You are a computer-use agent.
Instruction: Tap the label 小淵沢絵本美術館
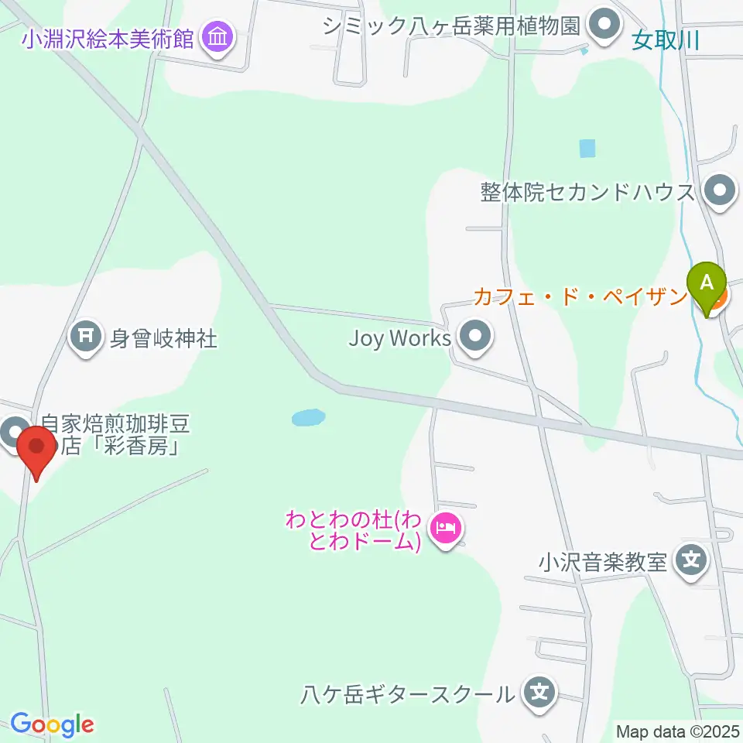pos(108,38)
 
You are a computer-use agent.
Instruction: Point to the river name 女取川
pos(665,40)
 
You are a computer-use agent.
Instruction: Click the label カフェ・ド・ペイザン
pos(580,296)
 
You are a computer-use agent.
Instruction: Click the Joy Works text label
pos(399,339)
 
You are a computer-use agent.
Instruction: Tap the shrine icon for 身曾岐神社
pos(86,337)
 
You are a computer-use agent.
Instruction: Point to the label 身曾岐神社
pos(163,338)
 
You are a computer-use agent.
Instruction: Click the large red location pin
pos(36,451)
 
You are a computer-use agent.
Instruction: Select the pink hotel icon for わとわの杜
pos(446,530)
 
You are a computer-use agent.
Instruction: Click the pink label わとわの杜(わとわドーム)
pos(353,530)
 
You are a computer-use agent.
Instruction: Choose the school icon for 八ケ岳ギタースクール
pos(539,692)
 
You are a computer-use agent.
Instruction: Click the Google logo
pos(52,724)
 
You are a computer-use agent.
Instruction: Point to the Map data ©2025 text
pos(678,731)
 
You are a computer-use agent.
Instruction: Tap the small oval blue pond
pos(307,418)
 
